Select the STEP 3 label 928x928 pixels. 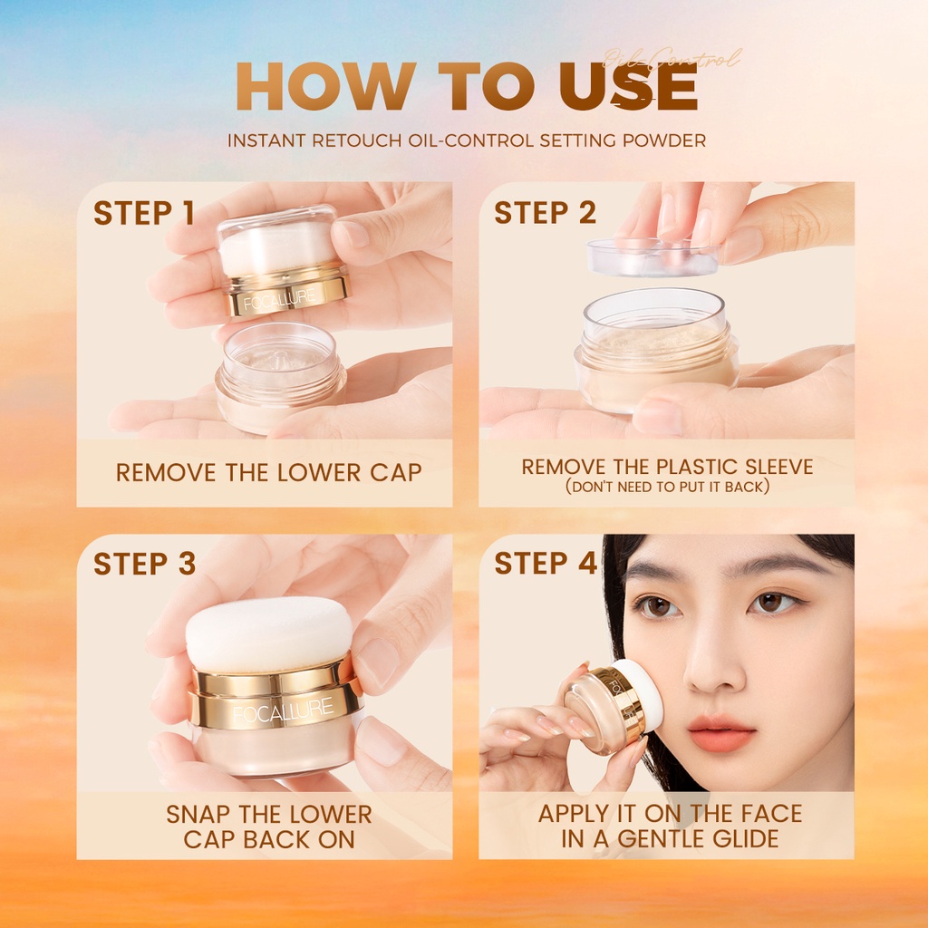click(144, 563)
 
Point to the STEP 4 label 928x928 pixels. click(545, 563)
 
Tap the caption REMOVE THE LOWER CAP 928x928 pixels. click(268, 472)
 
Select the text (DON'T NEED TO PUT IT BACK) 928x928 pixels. click(667, 487)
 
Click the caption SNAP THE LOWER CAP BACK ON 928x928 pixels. click(268, 826)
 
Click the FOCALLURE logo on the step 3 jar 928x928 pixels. click(282, 710)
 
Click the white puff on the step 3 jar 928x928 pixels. click(269, 633)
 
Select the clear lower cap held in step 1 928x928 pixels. click(279, 373)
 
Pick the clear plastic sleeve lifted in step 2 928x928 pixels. click(652, 256)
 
